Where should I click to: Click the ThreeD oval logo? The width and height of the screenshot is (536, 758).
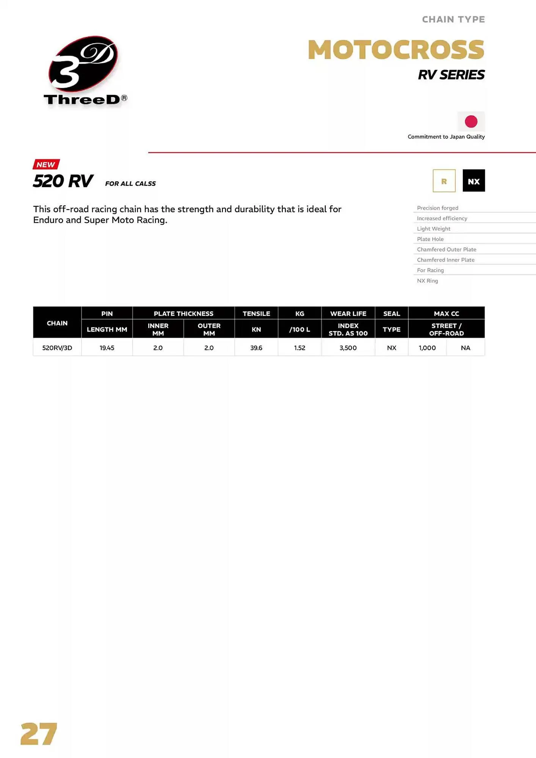(x=83, y=64)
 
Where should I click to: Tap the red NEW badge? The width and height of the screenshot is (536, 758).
(x=46, y=164)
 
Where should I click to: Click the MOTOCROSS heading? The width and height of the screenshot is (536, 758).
(x=396, y=50)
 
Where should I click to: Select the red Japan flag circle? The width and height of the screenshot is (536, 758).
(x=471, y=122)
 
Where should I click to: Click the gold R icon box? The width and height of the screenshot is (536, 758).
(x=444, y=181)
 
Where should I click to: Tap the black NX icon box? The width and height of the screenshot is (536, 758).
(x=473, y=181)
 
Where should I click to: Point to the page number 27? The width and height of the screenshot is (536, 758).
(x=39, y=734)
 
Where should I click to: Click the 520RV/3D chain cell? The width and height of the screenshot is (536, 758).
(x=57, y=348)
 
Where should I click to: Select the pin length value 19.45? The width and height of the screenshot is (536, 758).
(x=107, y=348)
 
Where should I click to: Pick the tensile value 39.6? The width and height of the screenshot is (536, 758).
(x=256, y=348)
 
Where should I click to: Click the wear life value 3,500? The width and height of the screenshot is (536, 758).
(x=348, y=348)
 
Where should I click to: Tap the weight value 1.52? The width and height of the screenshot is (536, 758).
(x=299, y=348)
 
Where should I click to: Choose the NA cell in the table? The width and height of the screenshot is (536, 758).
(x=465, y=348)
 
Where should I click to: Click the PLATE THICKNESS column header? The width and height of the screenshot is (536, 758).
(x=183, y=313)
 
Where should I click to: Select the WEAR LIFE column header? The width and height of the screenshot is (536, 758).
(x=348, y=313)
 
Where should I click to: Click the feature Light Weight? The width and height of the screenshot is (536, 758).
(x=434, y=229)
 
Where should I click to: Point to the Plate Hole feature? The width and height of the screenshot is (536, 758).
(x=430, y=239)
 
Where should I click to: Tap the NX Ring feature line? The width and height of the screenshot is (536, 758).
(x=428, y=281)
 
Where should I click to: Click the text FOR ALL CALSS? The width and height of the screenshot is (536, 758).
(x=130, y=183)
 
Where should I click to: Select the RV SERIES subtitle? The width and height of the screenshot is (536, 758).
(x=451, y=75)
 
